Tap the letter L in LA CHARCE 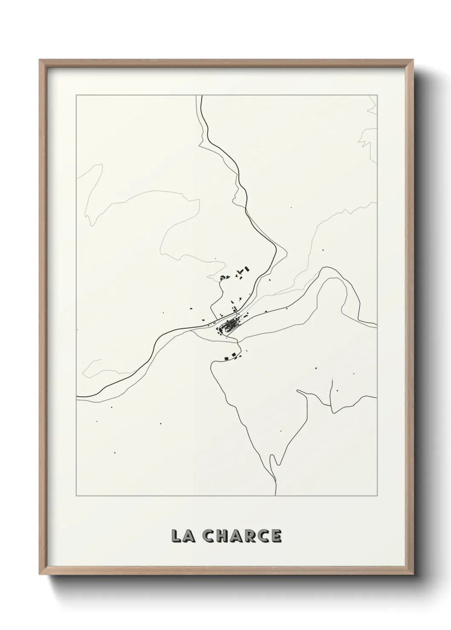point(175,536)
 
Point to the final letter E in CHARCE point(276,536)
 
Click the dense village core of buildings point(228,327)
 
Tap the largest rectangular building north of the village point(245,269)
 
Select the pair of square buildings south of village point(230,357)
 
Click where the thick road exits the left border point(77,397)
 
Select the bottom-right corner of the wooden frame point(413,576)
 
